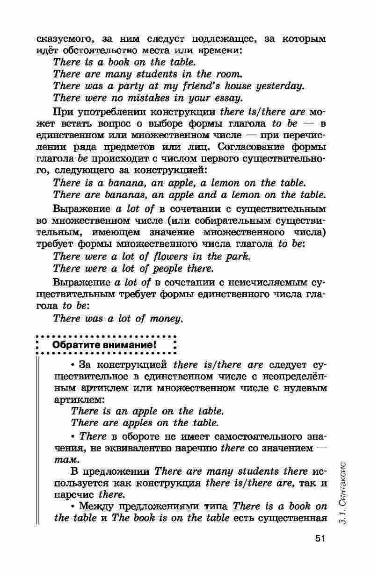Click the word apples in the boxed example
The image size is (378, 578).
click(x=136, y=423)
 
